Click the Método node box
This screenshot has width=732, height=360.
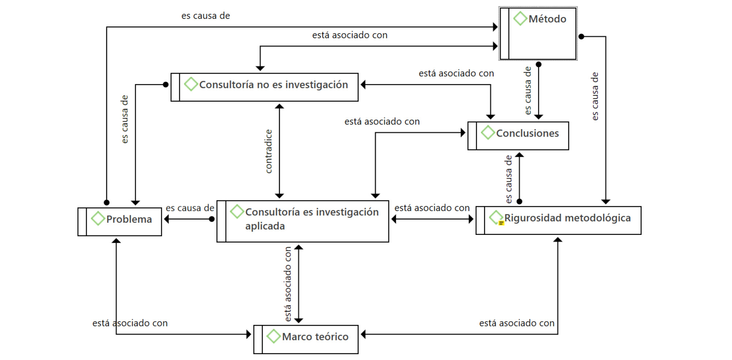538,34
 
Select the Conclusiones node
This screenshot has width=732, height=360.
518,136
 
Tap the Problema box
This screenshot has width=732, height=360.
120,222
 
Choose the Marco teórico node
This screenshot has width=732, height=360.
306,339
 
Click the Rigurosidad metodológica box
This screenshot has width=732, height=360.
558,220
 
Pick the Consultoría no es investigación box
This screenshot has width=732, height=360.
265,87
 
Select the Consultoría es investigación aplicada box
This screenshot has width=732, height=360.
303,221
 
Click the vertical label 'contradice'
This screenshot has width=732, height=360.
269,151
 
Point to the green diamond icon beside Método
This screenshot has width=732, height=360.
520,18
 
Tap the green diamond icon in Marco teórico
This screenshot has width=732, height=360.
273,336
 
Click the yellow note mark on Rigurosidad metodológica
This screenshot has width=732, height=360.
501,223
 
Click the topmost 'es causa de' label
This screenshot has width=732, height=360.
205,16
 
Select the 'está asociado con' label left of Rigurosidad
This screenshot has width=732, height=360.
432,208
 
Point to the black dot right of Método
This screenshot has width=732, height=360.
581,37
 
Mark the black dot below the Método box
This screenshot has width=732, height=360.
539,64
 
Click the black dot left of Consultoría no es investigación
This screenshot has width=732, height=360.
166,85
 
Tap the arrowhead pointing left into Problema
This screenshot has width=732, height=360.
167,219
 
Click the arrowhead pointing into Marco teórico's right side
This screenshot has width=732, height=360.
363,334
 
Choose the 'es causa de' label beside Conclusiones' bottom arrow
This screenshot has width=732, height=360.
509,179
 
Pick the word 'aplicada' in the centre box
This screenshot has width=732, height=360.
265,226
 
